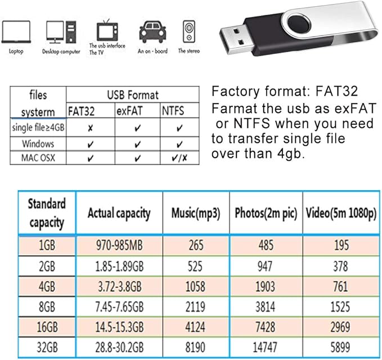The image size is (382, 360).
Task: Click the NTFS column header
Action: pos(172,111)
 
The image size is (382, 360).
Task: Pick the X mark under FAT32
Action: pos(91,128)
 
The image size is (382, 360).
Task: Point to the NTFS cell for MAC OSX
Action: pos(179,158)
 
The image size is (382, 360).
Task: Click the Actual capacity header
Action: pos(119,213)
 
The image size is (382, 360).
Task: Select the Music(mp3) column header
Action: pos(195,213)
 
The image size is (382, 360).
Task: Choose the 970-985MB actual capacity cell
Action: pos(119,246)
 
